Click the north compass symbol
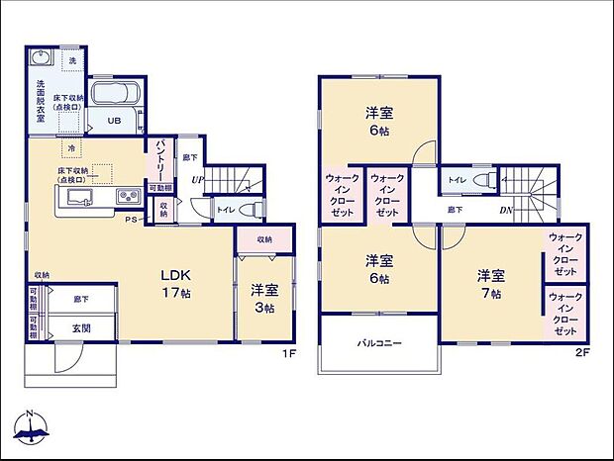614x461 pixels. point(33,427)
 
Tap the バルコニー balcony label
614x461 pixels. point(378,343)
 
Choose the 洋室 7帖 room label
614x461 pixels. point(489,283)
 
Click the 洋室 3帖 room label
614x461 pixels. point(263,299)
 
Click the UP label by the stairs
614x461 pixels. point(199,179)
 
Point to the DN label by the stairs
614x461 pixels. point(505,211)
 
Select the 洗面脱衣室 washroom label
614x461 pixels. point(41,100)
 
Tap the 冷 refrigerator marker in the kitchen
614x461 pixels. point(71,149)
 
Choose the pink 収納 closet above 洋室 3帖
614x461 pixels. point(264,239)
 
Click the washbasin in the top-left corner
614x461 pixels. point(41,56)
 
